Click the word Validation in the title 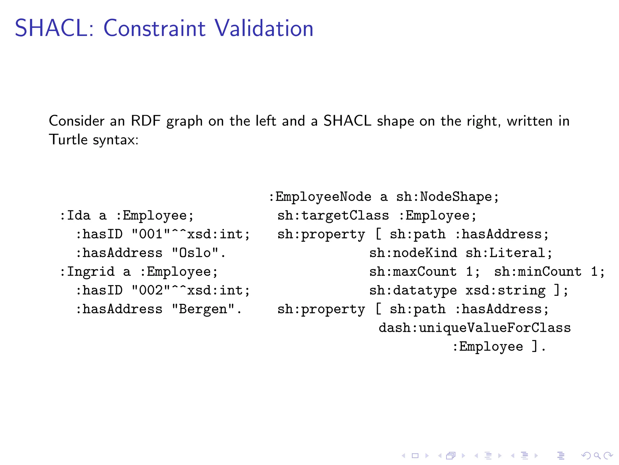click(x=264, y=28)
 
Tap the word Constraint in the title click(x=154, y=28)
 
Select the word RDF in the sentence click(x=145, y=121)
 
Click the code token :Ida click(x=75, y=216)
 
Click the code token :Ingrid click(x=87, y=272)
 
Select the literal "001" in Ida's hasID click(x=151, y=234)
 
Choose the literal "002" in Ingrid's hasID click(x=151, y=290)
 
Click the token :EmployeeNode click(x=320, y=197)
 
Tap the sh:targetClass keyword click(x=333, y=216)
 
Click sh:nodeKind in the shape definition click(x=413, y=253)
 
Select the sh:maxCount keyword click(x=413, y=272)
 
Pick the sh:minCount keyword click(x=538, y=272)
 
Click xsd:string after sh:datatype click(x=505, y=290)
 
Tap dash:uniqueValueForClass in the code click(x=475, y=328)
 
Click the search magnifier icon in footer click(x=597, y=456)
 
